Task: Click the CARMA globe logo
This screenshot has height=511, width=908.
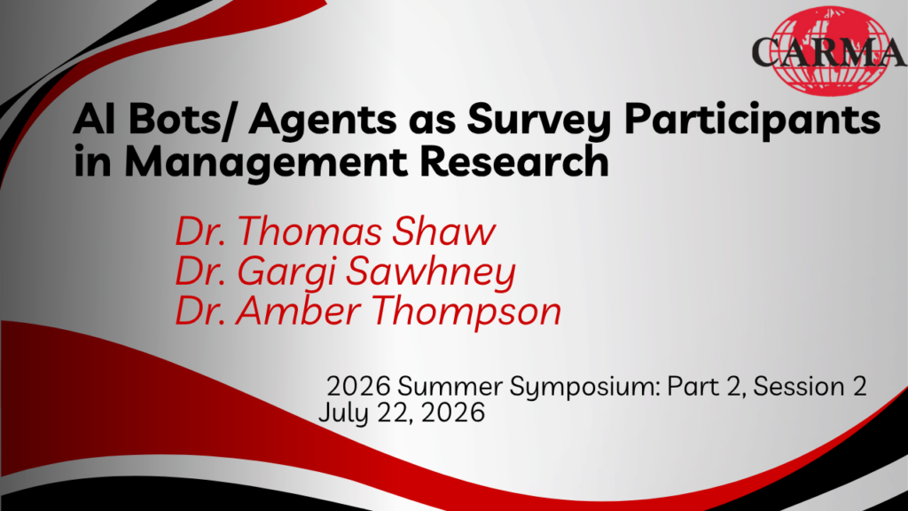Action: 829,51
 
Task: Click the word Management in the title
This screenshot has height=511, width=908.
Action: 265,163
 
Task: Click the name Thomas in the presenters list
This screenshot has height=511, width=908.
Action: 309,232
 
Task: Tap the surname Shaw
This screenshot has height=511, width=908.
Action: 443,232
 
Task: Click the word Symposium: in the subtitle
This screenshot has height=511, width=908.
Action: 584,387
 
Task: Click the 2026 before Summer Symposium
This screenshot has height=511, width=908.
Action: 358,387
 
